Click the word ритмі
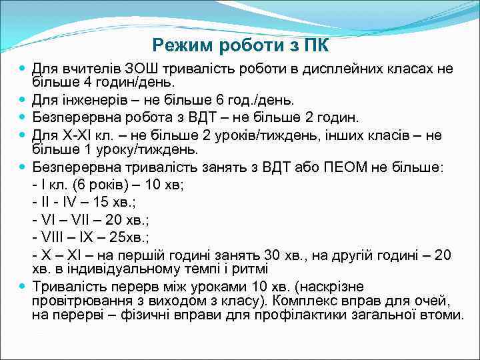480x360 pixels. [x=251, y=269]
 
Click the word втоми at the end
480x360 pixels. [x=444, y=315]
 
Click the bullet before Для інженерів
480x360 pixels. [x=23, y=100]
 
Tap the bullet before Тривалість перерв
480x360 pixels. [x=23, y=287]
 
